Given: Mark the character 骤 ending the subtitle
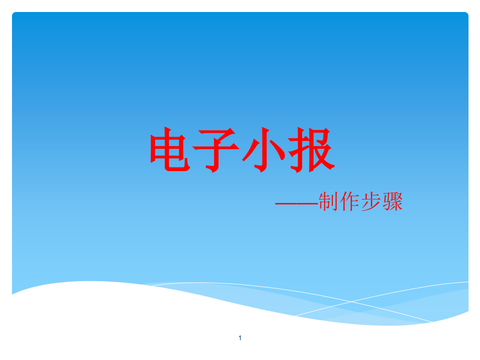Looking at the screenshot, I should coord(393,202).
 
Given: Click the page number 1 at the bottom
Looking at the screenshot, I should coord(240,338).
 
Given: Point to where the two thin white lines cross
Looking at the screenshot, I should coord(351,302).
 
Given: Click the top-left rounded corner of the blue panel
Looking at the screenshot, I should coord(15,15).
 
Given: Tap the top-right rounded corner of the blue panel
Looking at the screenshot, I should coord(465,15).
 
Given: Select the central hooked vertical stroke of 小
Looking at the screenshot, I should coord(265,151).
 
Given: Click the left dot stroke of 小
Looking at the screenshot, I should coord(249,154).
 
